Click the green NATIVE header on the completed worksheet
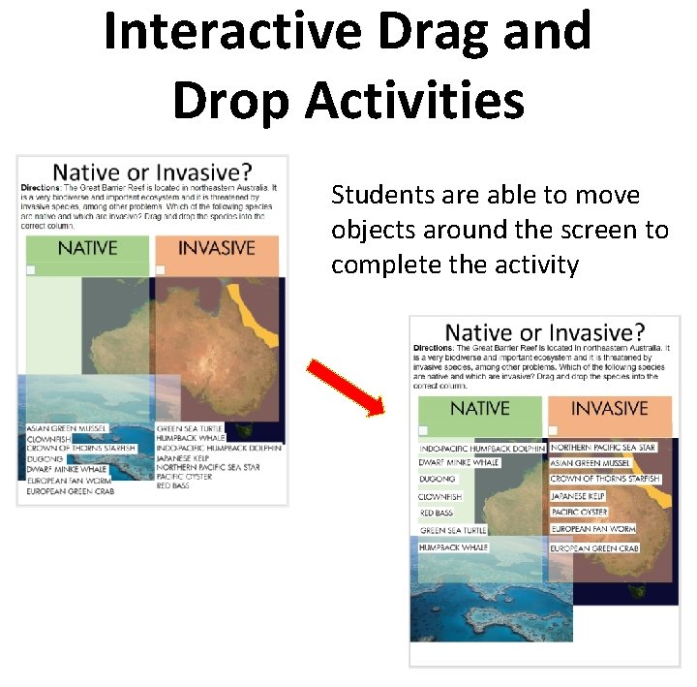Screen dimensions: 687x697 pyautogui.click(x=479, y=409)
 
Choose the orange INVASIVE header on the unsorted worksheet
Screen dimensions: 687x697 pyautogui.click(x=216, y=248)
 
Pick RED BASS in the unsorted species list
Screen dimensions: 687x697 pyautogui.click(x=173, y=485)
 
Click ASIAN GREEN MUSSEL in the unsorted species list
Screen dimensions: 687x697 pyautogui.click(x=67, y=428)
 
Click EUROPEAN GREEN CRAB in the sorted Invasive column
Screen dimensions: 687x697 pyautogui.click(x=594, y=548)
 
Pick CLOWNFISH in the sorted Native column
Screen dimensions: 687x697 pyautogui.click(x=440, y=497)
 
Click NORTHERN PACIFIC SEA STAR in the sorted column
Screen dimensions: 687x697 pyautogui.click(x=603, y=448)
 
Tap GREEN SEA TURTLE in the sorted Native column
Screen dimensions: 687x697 pyautogui.click(x=453, y=530)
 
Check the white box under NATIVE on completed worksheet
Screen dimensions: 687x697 pyautogui.click(x=423, y=431)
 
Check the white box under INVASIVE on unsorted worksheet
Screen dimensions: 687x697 pyautogui.click(x=161, y=270)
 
